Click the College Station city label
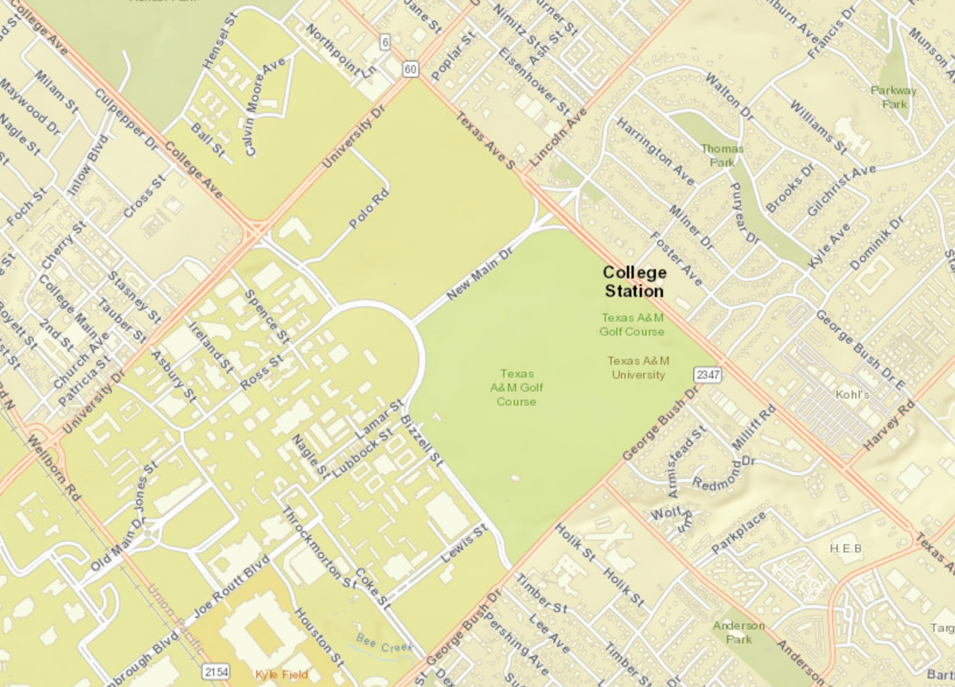pos(634,281)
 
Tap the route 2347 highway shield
pos(707,374)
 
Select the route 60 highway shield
pos(410,69)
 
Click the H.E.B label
pos(846,548)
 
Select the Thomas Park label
pos(722,155)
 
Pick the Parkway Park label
pos(894,97)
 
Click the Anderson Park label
pos(738,632)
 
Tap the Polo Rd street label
pos(370,209)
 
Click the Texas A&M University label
pos(637,367)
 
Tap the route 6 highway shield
pos(384,41)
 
